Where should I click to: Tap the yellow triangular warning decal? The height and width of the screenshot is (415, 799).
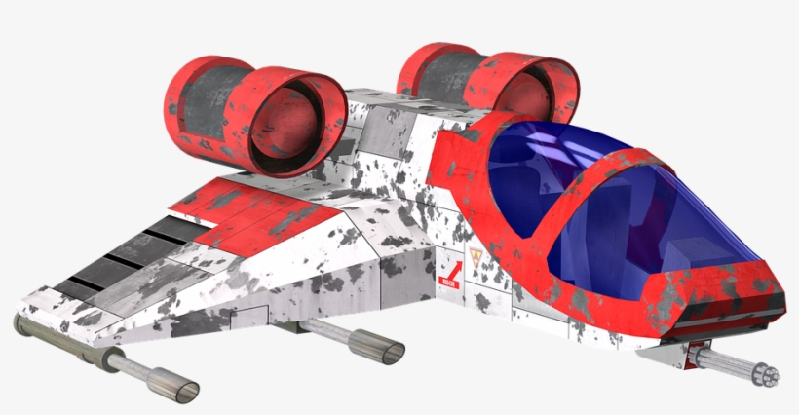click(476, 258)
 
